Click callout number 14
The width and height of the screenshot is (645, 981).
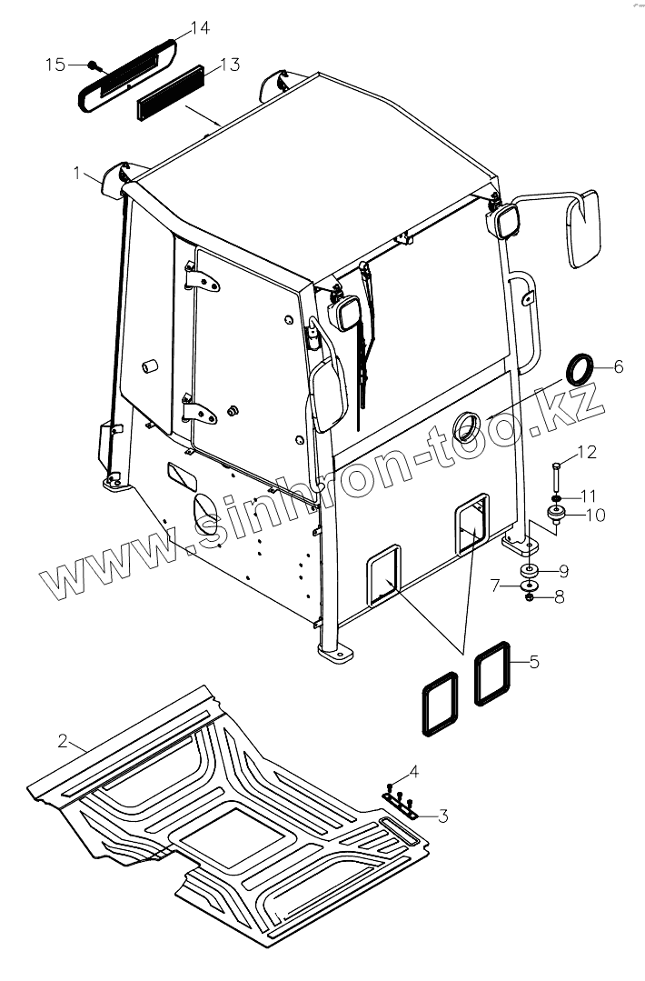coord(201,29)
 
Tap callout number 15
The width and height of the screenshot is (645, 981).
coord(55,65)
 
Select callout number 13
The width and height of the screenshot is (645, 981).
coord(229,65)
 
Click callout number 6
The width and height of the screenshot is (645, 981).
coord(618,366)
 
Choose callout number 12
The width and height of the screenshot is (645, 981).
coord(586,451)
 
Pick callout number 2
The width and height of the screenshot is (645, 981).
coord(63,741)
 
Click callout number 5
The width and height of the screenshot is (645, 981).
coord(534,662)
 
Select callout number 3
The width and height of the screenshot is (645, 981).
coord(442,816)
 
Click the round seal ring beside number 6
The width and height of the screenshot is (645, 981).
coord(582,371)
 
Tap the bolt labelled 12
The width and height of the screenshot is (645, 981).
coord(555,476)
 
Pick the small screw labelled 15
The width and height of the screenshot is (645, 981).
coord(94,65)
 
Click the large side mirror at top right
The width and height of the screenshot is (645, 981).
coord(583,229)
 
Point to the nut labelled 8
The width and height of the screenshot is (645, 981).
coord(530,598)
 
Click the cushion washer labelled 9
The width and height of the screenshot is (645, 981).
coord(529,571)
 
